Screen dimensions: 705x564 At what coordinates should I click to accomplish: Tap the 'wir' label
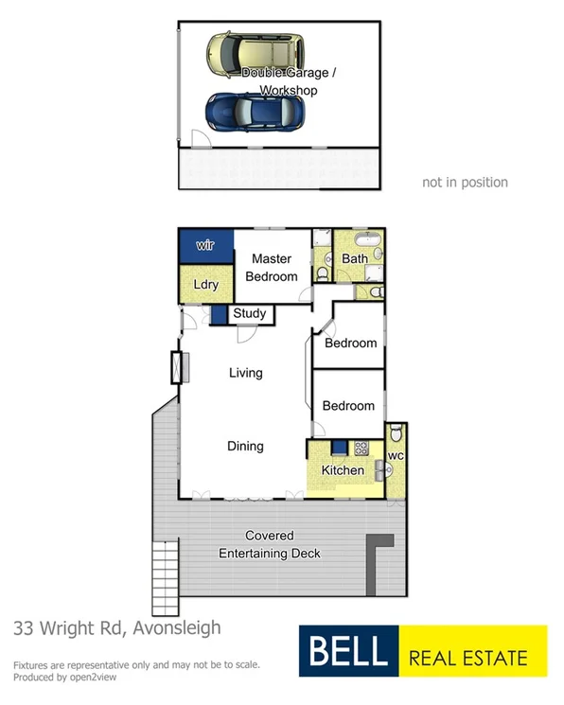(x=206, y=246)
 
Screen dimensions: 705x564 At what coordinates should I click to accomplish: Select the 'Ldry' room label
(x=206, y=285)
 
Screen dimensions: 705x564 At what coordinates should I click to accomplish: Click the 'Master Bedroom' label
(x=272, y=268)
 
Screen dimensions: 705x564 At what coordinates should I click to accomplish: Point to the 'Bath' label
(x=356, y=258)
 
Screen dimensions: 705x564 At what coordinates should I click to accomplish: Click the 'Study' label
(x=249, y=313)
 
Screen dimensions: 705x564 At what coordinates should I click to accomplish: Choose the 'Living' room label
(x=246, y=373)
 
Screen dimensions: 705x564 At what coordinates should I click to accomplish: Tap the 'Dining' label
(x=245, y=446)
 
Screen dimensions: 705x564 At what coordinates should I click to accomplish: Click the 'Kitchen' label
(x=343, y=470)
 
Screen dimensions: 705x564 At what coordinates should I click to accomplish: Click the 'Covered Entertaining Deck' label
(x=270, y=544)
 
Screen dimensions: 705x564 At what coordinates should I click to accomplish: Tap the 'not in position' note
(x=465, y=183)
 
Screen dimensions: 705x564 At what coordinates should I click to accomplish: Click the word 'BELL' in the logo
(x=344, y=652)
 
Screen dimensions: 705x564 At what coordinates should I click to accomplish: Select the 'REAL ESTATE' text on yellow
(x=468, y=655)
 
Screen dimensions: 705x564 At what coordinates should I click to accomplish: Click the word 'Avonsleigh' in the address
(x=174, y=626)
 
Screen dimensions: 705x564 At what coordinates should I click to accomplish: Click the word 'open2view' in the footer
(x=94, y=677)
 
